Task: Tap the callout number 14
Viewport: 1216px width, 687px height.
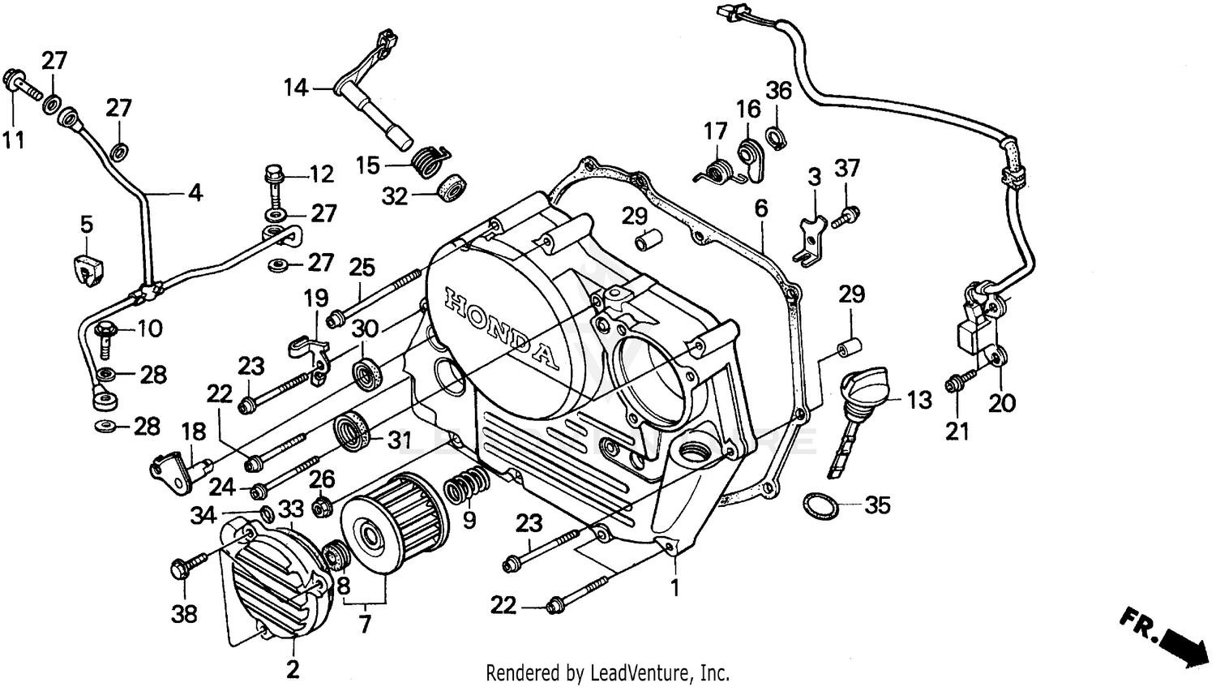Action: point(296,87)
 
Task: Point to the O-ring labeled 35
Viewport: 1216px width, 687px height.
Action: point(821,507)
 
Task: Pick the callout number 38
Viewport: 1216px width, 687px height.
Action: point(185,614)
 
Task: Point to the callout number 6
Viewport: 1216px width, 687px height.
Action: point(760,208)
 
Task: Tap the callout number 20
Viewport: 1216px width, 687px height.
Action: point(1002,402)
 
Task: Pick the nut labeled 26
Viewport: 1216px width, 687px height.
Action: point(320,505)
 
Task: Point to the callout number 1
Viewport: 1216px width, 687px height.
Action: point(674,586)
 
